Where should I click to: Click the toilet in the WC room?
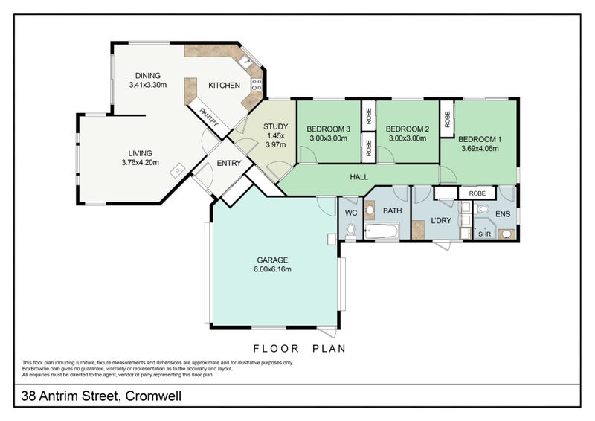pyautogui.click(x=350, y=233)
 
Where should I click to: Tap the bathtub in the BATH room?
pyautogui.click(x=382, y=232)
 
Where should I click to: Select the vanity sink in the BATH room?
pyautogui.click(x=370, y=209)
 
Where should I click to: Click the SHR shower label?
pyautogui.click(x=484, y=234)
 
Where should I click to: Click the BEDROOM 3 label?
pyautogui.click(x=329, y=128)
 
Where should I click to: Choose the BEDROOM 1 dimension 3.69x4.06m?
pyautogui.click(x=479, y=149)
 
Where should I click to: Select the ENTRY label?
pyautogui.click(x=229, y=164)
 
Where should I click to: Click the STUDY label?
pyautogui.click(x=275, y=126)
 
